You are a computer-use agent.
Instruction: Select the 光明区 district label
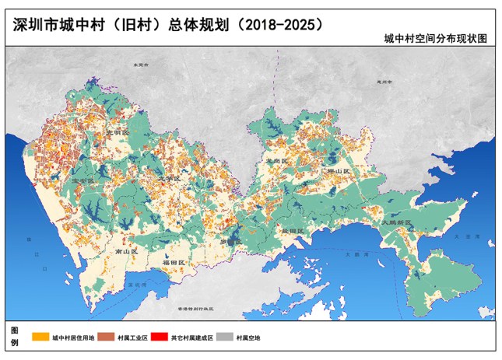tap(117, 133)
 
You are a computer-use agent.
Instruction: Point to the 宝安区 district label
tap(82, 180)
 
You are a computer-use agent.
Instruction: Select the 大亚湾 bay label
tap(465, 236)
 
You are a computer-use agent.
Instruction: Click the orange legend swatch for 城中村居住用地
tap(40, 337)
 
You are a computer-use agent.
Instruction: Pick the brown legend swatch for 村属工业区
tap(105, 337)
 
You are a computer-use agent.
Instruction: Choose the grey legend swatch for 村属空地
tap(225, 337)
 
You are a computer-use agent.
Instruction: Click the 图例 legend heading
tap(14, 337)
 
